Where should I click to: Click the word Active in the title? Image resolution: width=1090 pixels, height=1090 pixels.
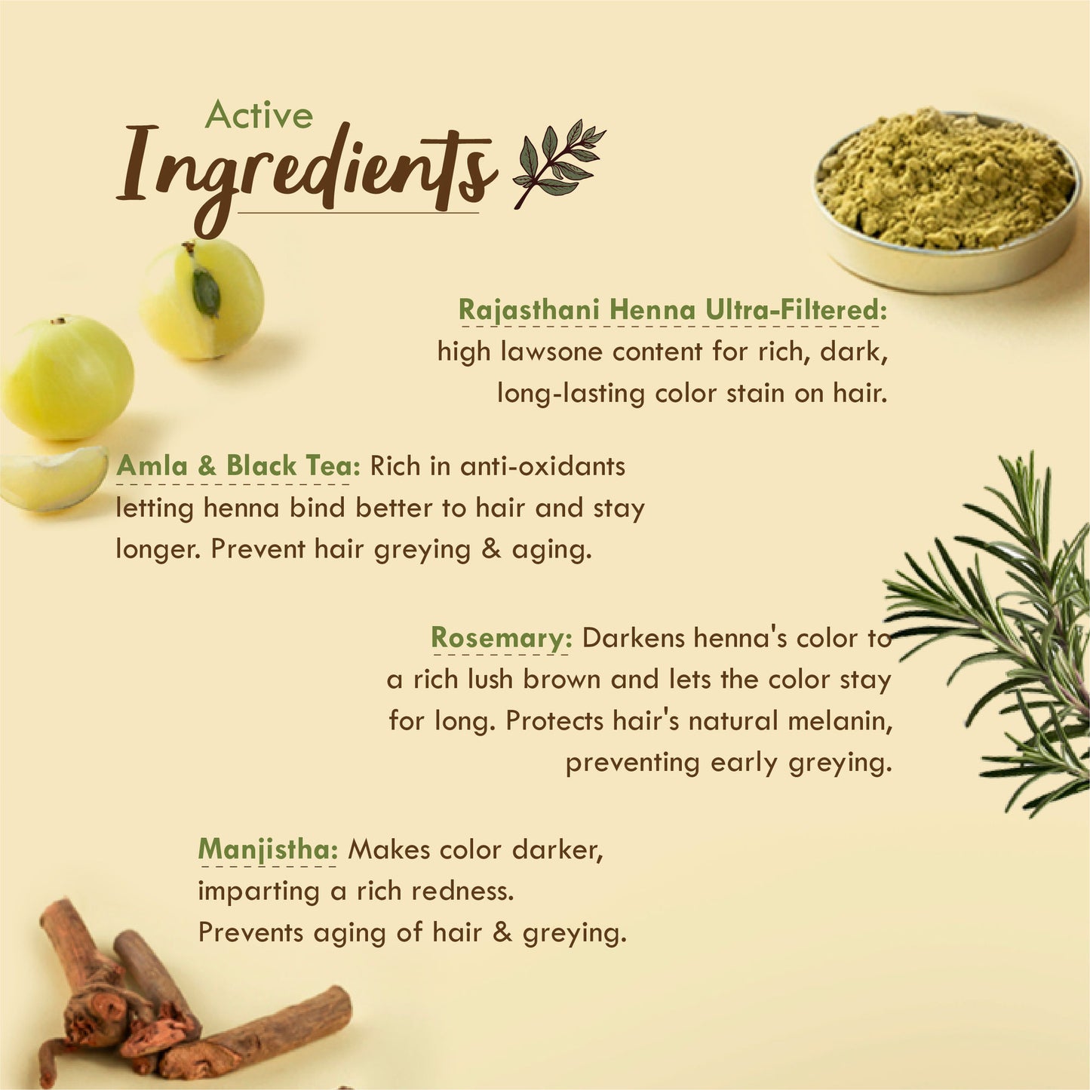tap(259, 115)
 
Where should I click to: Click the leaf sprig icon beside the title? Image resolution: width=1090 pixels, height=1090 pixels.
tap(559, 163)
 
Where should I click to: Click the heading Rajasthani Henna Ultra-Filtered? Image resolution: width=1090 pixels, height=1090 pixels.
tap(673, 310)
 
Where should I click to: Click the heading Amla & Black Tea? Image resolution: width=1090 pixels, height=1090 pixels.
tap(238, 465)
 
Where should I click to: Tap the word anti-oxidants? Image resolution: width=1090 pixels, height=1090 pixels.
tap(542, 466)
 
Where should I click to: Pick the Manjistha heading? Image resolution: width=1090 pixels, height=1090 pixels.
tap(268, 849)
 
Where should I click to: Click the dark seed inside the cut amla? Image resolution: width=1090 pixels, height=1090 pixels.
tap(206, 292)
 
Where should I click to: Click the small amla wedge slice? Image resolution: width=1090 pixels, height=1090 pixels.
tap(54, 478)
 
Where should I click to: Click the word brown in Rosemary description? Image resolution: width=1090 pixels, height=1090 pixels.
tap(562, 680)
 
